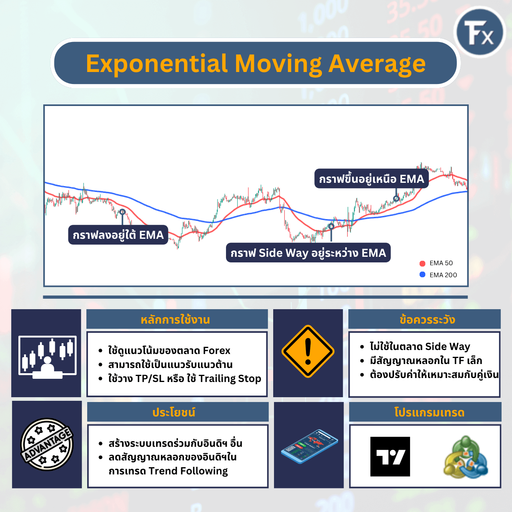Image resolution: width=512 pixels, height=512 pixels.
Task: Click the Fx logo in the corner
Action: (x=480, y=32)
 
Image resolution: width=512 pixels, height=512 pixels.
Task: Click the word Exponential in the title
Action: (x=157, y=64)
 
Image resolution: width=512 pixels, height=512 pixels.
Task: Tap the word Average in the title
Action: (x=377, y=64)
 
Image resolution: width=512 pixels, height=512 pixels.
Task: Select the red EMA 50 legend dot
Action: (x=422, y=263)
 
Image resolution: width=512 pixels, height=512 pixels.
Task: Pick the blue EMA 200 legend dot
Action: (x=422, y=275)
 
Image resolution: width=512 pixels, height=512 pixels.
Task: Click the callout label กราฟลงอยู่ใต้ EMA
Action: (x=118, y=235)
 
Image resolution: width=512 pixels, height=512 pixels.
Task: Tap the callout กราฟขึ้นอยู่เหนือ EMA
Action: (x=371, y=179)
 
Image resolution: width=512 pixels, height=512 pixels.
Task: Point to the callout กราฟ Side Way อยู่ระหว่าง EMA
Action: (x=308, y=253)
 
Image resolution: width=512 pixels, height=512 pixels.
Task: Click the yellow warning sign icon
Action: (x=308, y=352)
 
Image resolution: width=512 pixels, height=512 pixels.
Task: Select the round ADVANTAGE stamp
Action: (x=47, y=444)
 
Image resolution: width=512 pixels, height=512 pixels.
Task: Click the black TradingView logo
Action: (x=390, y=456)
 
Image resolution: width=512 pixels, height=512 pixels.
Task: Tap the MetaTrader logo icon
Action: (x=465, y=457)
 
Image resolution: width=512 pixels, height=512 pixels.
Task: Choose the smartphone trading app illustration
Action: (x=309, y=446)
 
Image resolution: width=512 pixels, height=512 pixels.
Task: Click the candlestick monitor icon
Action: (x=47, y=356)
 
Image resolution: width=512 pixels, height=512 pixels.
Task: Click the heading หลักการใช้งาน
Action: (x=175, y=320)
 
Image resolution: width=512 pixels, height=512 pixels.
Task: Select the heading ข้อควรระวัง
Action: (x=427, y=320)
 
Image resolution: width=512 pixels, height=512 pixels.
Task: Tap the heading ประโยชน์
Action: (x=174, y=412)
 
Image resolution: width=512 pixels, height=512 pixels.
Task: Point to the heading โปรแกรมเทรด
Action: (x=429, y=412)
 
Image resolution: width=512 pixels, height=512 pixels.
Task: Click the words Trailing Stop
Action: (x=230, y=378)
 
